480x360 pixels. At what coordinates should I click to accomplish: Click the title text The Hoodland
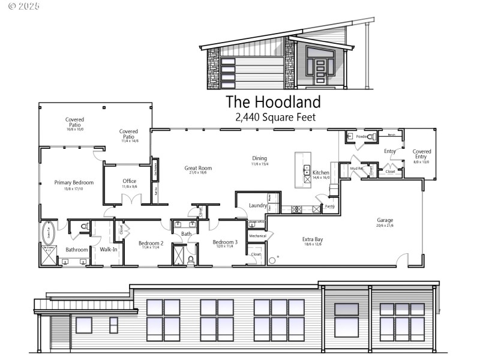click(273, 101)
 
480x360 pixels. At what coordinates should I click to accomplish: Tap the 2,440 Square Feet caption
click(275, 117)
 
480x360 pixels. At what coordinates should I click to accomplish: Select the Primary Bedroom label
click(74, 182)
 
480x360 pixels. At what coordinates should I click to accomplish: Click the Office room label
click(129, 181)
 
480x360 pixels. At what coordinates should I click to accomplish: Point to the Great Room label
click(198, 168)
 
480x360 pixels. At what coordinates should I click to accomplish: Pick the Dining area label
click(260, 159)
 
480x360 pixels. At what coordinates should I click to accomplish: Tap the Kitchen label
click(321, 172)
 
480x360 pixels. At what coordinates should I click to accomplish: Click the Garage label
click(385, 220)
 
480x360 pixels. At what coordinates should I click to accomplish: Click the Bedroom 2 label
click(151, 243)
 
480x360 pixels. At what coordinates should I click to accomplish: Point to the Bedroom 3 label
click(225, 242)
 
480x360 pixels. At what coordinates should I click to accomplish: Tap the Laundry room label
click(257, 205)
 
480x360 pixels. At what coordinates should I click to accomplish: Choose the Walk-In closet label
click(109, 249)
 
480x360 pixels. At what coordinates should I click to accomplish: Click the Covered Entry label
click(421, 154)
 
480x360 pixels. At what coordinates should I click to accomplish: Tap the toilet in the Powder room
click(371, 137)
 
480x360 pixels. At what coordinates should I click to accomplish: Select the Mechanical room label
click(257, 236)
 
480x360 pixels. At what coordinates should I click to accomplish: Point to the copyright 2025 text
click(23, 6)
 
